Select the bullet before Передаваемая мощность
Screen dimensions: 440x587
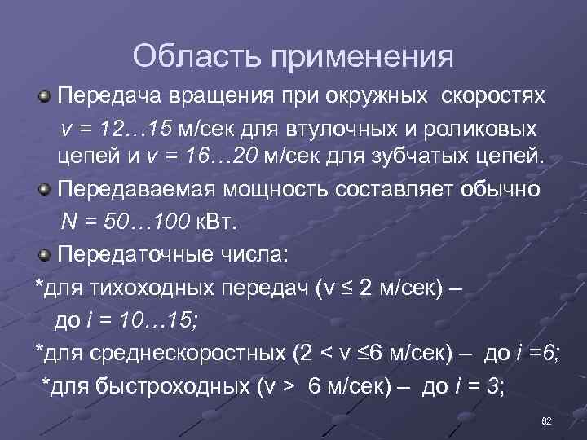coord(46,191)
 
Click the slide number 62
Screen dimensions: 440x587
coord(547,420)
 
